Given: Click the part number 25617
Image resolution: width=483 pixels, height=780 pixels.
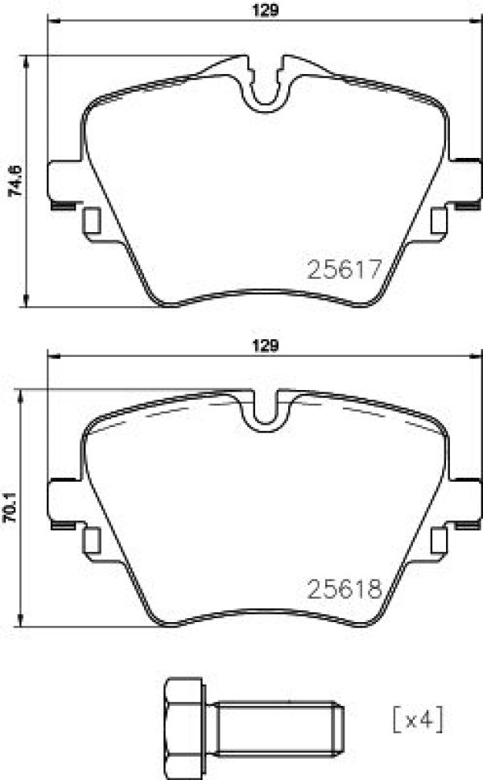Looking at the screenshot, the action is pos(345,269).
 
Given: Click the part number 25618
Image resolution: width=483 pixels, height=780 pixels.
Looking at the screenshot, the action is pos(345,589).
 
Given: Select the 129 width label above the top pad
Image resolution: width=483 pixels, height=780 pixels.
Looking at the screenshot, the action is pos(266,10).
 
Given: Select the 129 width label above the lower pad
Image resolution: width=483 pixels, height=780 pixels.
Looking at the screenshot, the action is pos(266,345).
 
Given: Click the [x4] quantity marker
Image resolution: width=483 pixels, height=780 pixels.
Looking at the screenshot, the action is pos(418,718).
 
